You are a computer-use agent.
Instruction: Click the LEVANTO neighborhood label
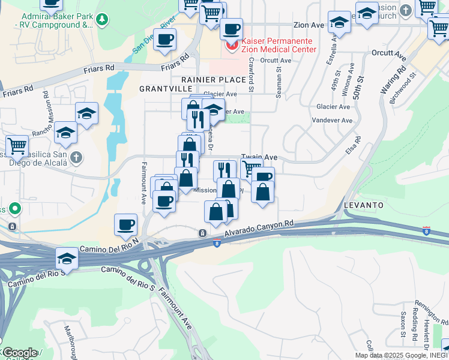[364, 205]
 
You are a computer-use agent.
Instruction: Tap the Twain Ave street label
[259, 157]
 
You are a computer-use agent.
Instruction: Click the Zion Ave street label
[309, 25]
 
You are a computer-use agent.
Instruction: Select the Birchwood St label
[403, 88]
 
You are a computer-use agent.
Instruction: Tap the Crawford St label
[251, 77]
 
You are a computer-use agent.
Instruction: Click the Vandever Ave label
[334, 120]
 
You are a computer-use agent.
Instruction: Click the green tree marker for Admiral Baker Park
[103, 19]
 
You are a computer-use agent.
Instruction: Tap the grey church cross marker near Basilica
[75, 158]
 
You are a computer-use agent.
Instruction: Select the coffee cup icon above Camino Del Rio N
[125, 225]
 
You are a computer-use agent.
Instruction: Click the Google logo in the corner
[20, 353]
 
